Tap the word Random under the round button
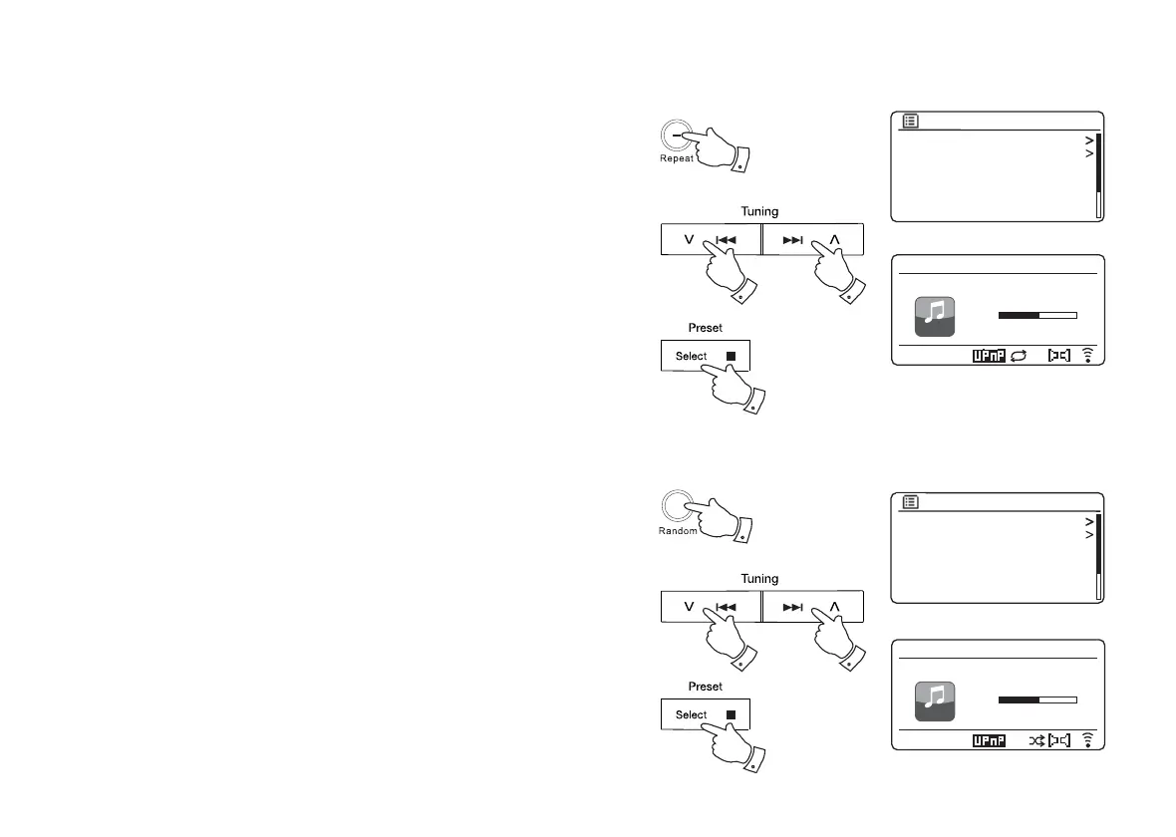678,531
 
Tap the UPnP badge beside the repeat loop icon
987,354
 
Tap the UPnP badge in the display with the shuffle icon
987,740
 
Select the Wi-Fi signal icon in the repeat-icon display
1087,354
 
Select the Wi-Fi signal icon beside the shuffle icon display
1087,740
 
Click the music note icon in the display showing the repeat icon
935,316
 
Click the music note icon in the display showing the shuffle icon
935,701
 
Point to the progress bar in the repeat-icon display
1037,315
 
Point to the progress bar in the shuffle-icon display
1037,700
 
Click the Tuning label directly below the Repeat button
759,211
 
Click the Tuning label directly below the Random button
759,579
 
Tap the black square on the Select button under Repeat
730,356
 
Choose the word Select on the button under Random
691,714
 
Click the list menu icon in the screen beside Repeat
911,122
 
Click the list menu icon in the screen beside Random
911,503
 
